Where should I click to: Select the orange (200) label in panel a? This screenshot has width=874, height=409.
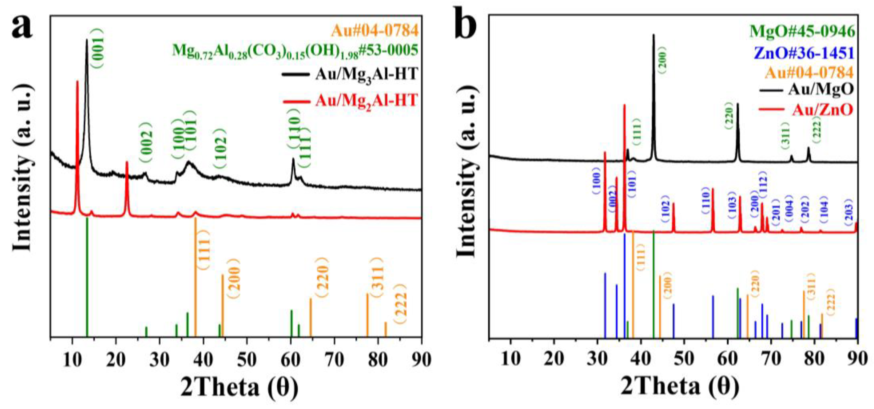coord(233,278)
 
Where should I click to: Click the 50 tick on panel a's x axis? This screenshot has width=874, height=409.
coord(247,360)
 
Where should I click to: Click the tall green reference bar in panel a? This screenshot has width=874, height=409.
coord(87,277)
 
